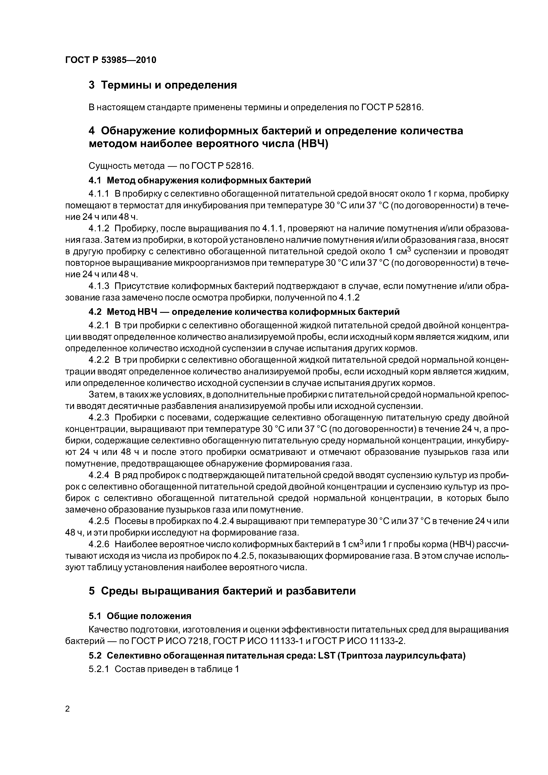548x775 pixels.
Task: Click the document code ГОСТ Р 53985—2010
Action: pyautogui.click(x=111, y=60)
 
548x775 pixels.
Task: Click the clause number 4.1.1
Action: pyautogui.click(x=99, y=194)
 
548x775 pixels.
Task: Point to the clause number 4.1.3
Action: pyautogui.click(x=99, y=286)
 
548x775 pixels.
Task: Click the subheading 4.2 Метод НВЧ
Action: pyautogui.click(x=244, y=312)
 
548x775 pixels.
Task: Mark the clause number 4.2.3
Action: pyautogui.click(x=99, y=418)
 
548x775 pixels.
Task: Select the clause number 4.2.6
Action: pyautogui.click(x=99, y=544)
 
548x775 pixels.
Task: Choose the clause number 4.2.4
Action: pyautogui.click(x=99, y=475)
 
